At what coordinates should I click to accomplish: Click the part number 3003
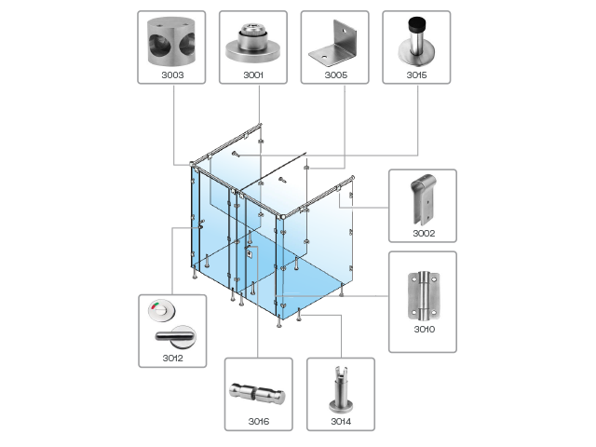click(171, 74)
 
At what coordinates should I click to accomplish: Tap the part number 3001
click(253, 74)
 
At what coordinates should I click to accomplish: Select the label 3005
click(335, 74)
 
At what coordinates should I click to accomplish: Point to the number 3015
click(416, 74)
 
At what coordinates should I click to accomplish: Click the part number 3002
click(423, 233)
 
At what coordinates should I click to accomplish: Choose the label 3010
click(423, 329)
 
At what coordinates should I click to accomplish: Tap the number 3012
click(171, 358)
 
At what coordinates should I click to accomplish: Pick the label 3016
click(258, 421)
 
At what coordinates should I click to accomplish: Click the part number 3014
click(340, 421)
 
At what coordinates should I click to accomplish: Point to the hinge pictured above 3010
click(422, 294)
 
